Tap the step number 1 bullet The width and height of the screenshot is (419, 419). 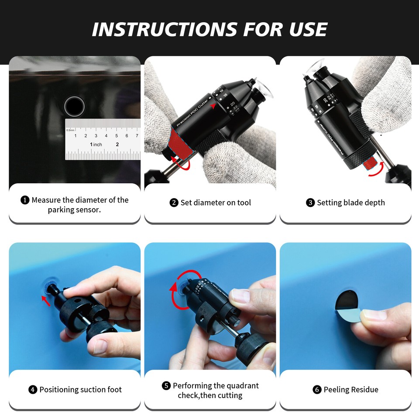point(25,200)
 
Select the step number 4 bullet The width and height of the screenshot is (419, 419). point(33,390)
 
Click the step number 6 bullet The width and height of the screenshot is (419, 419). point(317,390)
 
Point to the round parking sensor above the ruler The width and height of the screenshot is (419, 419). point(74,106)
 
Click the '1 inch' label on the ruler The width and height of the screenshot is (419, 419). point(96,144)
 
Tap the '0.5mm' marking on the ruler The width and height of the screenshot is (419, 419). point(70,130)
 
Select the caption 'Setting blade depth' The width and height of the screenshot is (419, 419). point(351,203)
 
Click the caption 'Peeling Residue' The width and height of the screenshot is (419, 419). point(351,390)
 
